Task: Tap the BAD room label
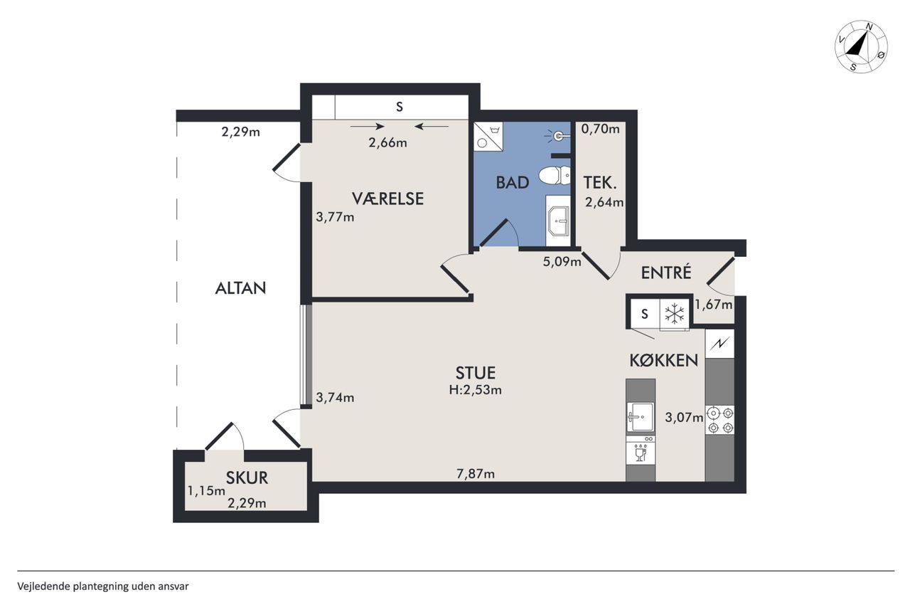(x=513, y=183)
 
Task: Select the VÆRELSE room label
(x=387, y=199)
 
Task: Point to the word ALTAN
(x=240, y=288)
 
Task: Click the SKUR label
(x=247, y=478)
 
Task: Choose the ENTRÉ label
(x=666, y=273)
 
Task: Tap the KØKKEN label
(x=664, y=360)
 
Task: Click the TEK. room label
(x=600, y=183)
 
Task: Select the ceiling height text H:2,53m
(x=476, y=390)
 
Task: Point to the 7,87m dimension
(x=476, y=474)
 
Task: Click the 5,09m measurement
(x=562, y=261)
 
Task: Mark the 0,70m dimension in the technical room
(x=601, y=129)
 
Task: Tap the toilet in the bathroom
(x=555, y=176)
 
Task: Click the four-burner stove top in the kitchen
(x=720, y=421)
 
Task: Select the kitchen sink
(x=641, y=417)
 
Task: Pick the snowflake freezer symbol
(x=675, y=315)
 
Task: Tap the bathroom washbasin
(x=559, y=221)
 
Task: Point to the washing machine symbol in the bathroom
(x=488, y=137)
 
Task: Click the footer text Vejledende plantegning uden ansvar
(x=103, y=586)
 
